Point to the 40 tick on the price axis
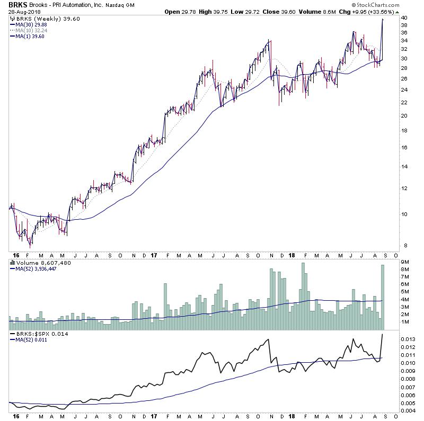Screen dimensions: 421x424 pyautogui.click(x=404, y=17)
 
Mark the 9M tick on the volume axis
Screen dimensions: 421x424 pyautogui.click(x=404, y=262)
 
